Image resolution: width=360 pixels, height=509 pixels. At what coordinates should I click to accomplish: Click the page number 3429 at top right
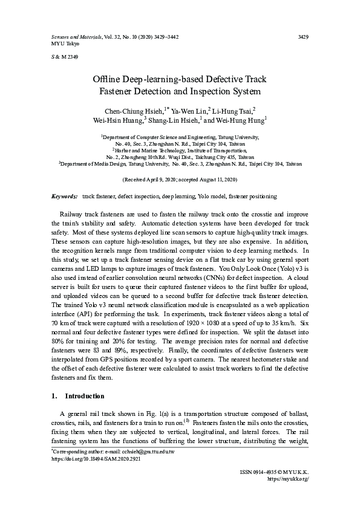304,37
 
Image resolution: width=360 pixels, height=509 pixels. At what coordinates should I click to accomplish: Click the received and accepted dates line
180,180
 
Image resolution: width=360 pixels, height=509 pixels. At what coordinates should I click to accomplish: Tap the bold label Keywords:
64,196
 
